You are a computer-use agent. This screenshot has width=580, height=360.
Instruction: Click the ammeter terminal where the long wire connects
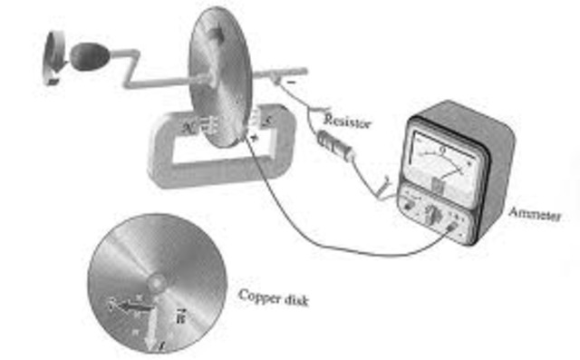[x=450, y=229]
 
